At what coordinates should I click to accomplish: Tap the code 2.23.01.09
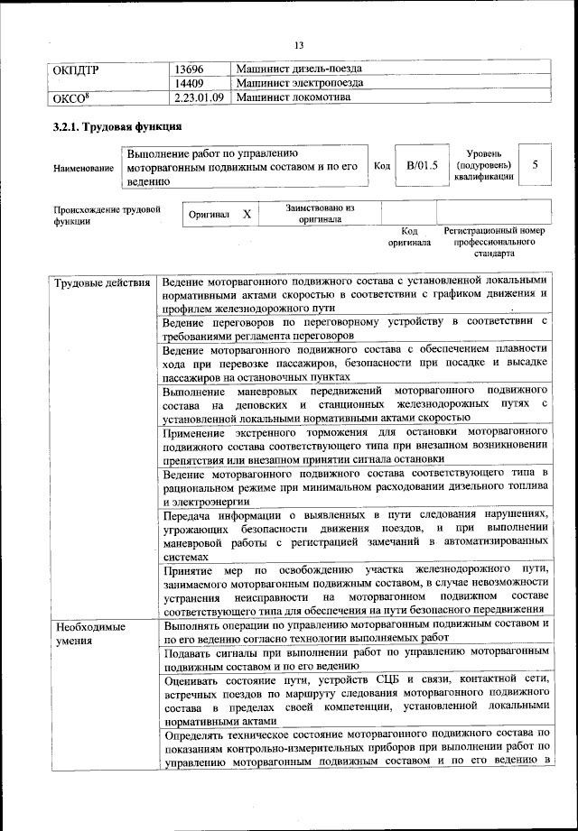pyautogui.click(x=199, y=98)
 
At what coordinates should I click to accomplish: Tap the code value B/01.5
pyautogui.click(x=421, y=165)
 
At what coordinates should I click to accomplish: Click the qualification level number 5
pyautogui.click(x=536, y=165)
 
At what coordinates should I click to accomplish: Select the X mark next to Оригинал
pyautogui.click(x=247, y=215)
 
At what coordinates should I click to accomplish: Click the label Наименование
pyautogui.click(x=83, y=168)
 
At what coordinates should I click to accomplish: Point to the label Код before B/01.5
pyautogui.click(x=381, y=165)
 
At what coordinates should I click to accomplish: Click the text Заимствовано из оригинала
pyautogui.click(x=320, y=213)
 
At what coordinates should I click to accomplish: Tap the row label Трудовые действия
pyautogui.click(x=101, y=285)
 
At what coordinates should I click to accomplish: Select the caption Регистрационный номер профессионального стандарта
pyautogui.click(x=494, y=243)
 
